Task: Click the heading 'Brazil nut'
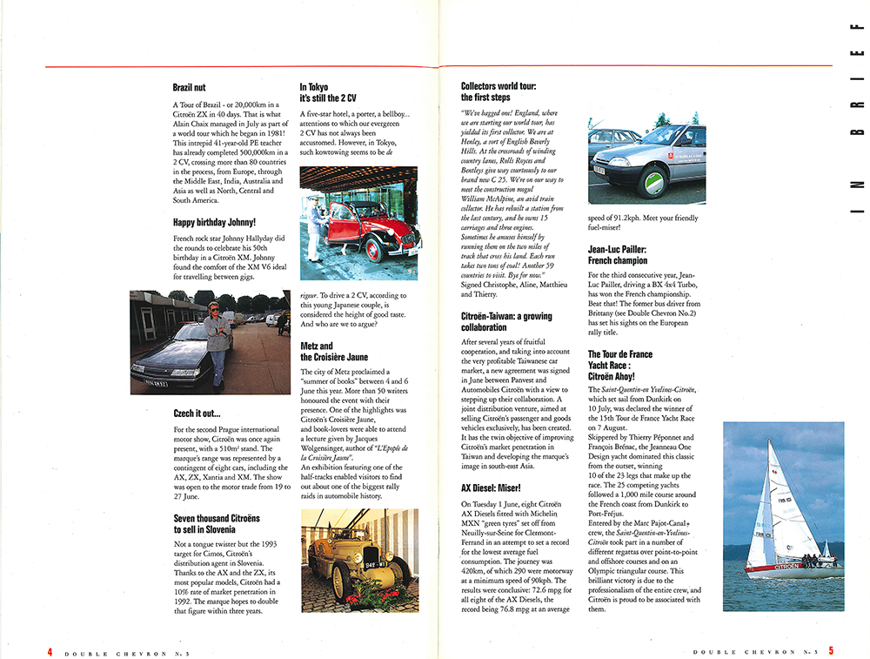(189, 88)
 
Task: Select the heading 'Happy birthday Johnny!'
(214, 222)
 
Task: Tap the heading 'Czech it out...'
(197, 414)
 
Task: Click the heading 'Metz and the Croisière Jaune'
(334, 351)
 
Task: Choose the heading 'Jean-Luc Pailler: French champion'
(617, 254)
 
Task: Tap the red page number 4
(50, 650)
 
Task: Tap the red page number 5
(831, 650)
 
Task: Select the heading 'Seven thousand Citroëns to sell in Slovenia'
(217, 524)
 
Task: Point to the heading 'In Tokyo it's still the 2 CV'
(328, 92)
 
